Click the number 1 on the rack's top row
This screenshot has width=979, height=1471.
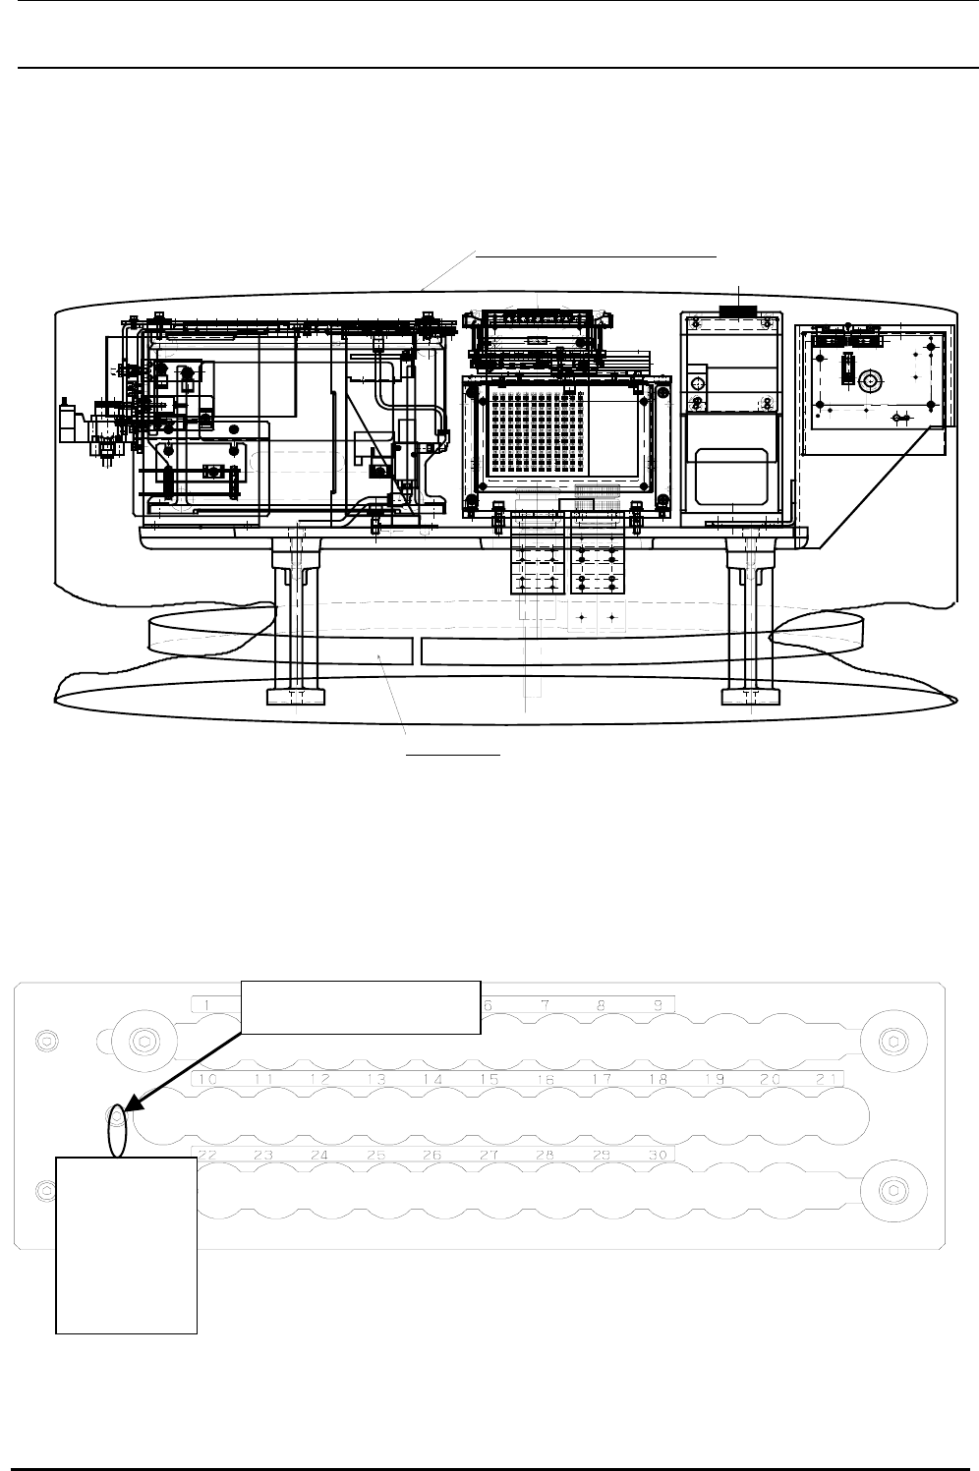[208, 1003]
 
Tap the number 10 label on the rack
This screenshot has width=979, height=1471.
[207, 1079]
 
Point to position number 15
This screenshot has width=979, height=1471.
[489, 1079]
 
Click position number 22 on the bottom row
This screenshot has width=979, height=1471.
[207, 1155]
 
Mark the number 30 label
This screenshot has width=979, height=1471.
[658, 1155]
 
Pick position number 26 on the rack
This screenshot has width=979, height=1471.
[432, 1155]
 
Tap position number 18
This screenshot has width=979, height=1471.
[659, 1079]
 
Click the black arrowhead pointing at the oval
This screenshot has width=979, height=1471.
[136, 1107]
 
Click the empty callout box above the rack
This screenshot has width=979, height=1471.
[361, 1006]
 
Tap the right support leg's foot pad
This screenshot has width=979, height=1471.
[750, 697]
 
